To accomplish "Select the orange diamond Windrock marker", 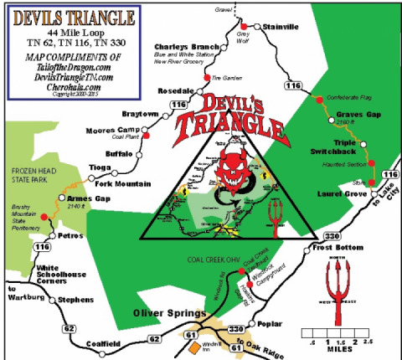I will click(194, 345).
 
